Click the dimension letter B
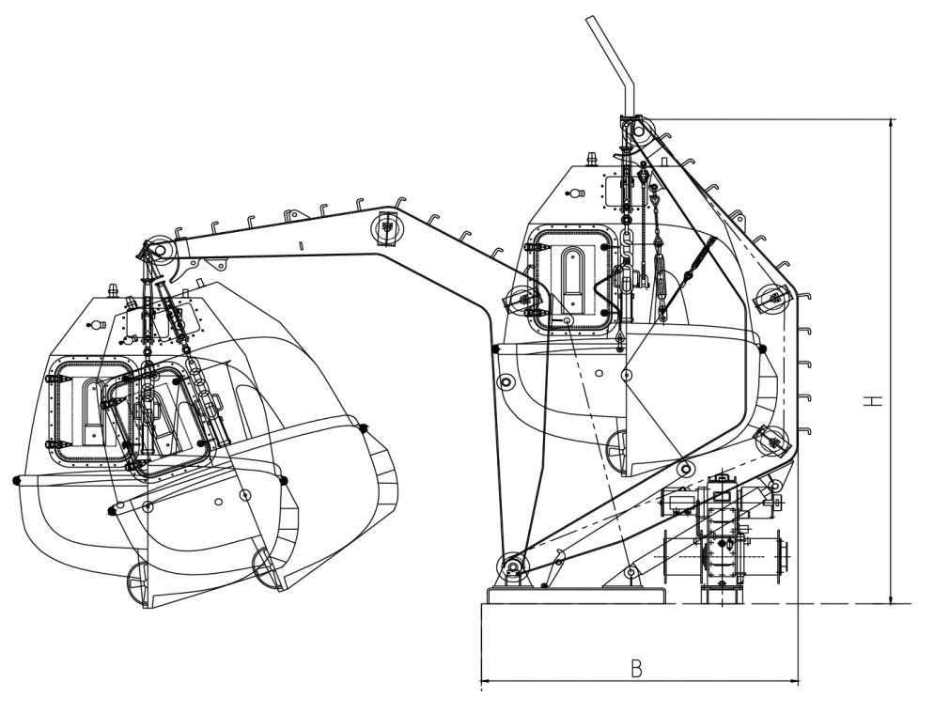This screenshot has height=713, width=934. (637, 669)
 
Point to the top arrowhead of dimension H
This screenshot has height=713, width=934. (892, 123)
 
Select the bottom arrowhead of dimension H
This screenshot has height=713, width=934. (892, 599)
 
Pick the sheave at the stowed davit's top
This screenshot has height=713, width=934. (640, 130)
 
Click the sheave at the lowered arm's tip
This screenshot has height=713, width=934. (161, 250)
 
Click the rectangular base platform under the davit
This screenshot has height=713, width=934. (575, 595)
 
